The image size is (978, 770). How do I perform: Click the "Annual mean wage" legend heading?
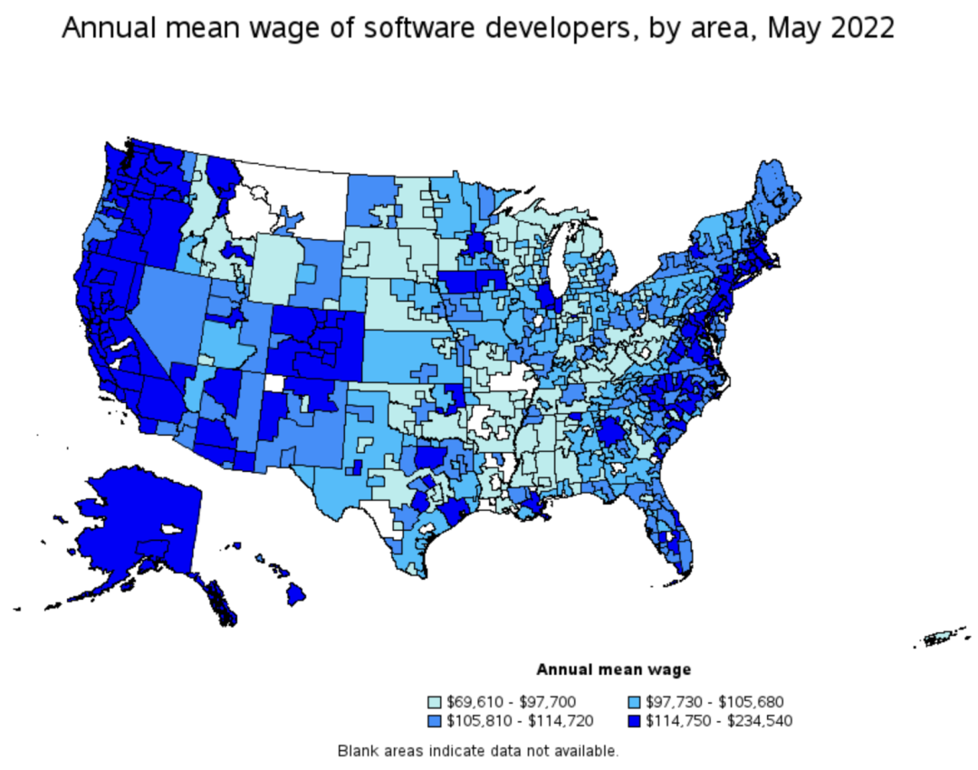tap(614, 670)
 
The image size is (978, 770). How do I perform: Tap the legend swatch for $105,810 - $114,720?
tap(436, 721)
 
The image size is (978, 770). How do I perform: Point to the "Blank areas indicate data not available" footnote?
tap(478, 750)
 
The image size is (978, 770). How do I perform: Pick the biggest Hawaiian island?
tap(296, 595)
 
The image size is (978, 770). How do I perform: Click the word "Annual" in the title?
tap(101, 28)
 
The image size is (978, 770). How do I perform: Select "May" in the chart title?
tap(787, 28)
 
